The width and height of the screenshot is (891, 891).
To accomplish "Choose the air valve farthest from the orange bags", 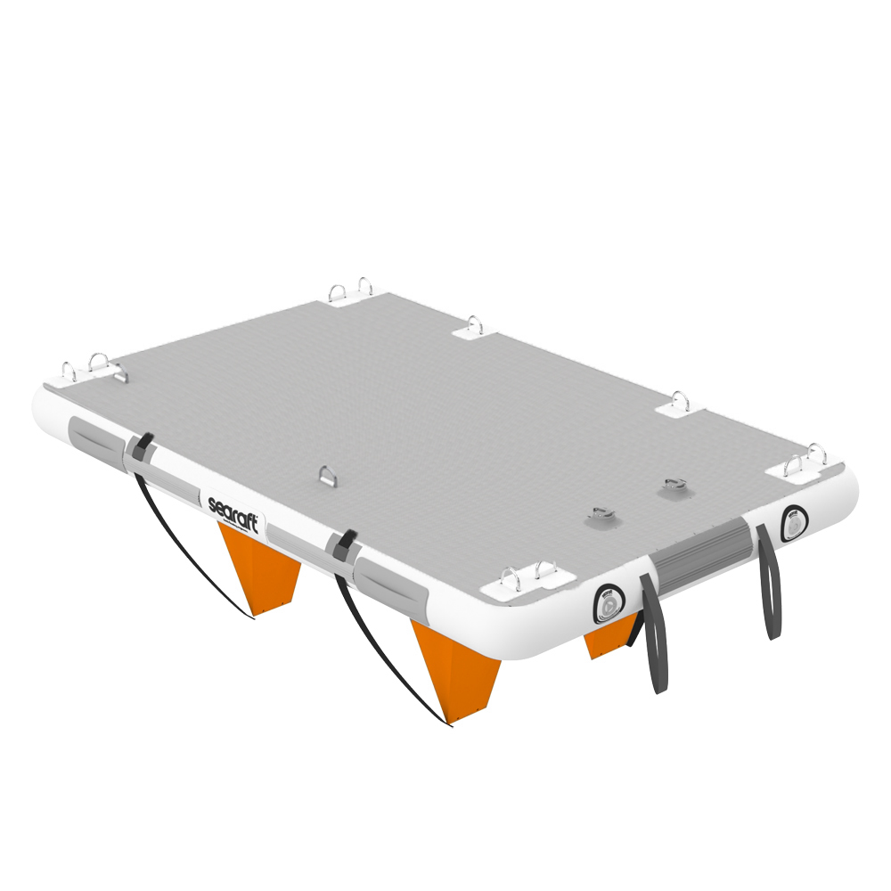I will [x=791, y=523].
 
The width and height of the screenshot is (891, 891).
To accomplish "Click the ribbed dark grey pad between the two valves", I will [x=699, y=551].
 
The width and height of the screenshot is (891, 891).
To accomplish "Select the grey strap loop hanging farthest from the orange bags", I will [x=768, y=584].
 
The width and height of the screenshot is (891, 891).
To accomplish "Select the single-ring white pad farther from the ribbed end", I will [x=474, y=329].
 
